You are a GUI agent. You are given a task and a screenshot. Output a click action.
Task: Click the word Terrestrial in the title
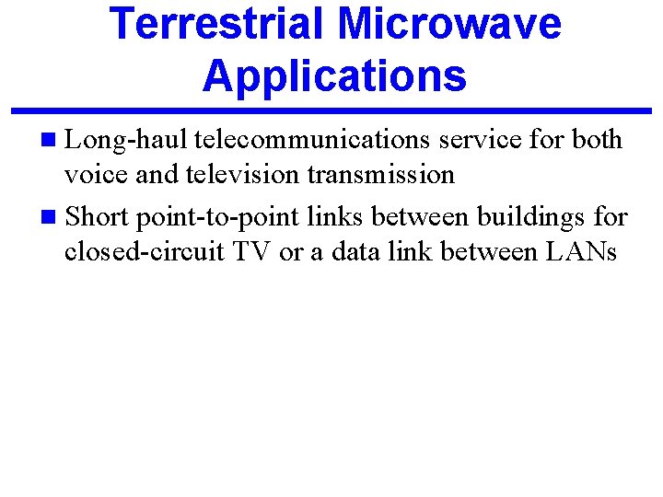pos(217,24)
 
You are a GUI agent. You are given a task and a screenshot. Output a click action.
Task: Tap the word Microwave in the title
pos(449,24)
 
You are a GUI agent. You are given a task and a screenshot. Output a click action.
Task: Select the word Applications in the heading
pos(335,75)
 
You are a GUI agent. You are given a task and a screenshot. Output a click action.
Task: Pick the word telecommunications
pos(313,140)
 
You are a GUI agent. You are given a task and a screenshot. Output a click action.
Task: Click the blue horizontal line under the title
pos(331,111)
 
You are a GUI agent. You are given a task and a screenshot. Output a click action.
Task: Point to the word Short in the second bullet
pos(97,218)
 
